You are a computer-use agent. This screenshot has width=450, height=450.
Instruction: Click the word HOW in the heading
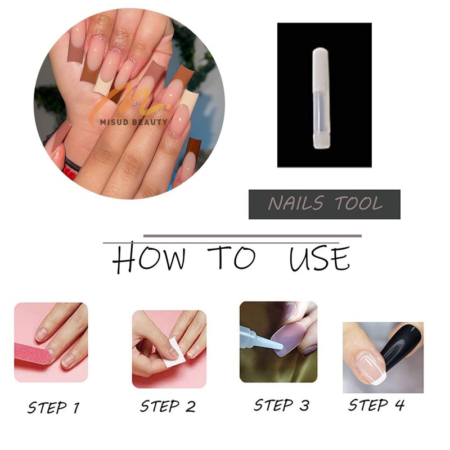pos(148,258)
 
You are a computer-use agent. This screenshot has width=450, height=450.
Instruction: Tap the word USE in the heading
pos(319,258)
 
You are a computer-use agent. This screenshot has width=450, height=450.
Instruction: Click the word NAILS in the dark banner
pos(296,203)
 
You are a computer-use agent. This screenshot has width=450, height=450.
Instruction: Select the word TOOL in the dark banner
pos(359,203)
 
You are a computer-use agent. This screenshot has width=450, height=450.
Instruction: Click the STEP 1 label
pos(53,407)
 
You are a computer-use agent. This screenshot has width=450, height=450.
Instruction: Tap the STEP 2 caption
pos(168,406)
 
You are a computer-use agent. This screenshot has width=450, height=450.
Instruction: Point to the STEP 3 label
pos(282,405)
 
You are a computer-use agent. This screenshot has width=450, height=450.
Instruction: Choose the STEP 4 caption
pos(376,405)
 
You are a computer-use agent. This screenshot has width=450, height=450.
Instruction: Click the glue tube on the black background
pos(322,98)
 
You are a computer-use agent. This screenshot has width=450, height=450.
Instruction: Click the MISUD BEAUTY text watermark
pos(133,122)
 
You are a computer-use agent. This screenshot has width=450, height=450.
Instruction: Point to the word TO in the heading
pos(231,258)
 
